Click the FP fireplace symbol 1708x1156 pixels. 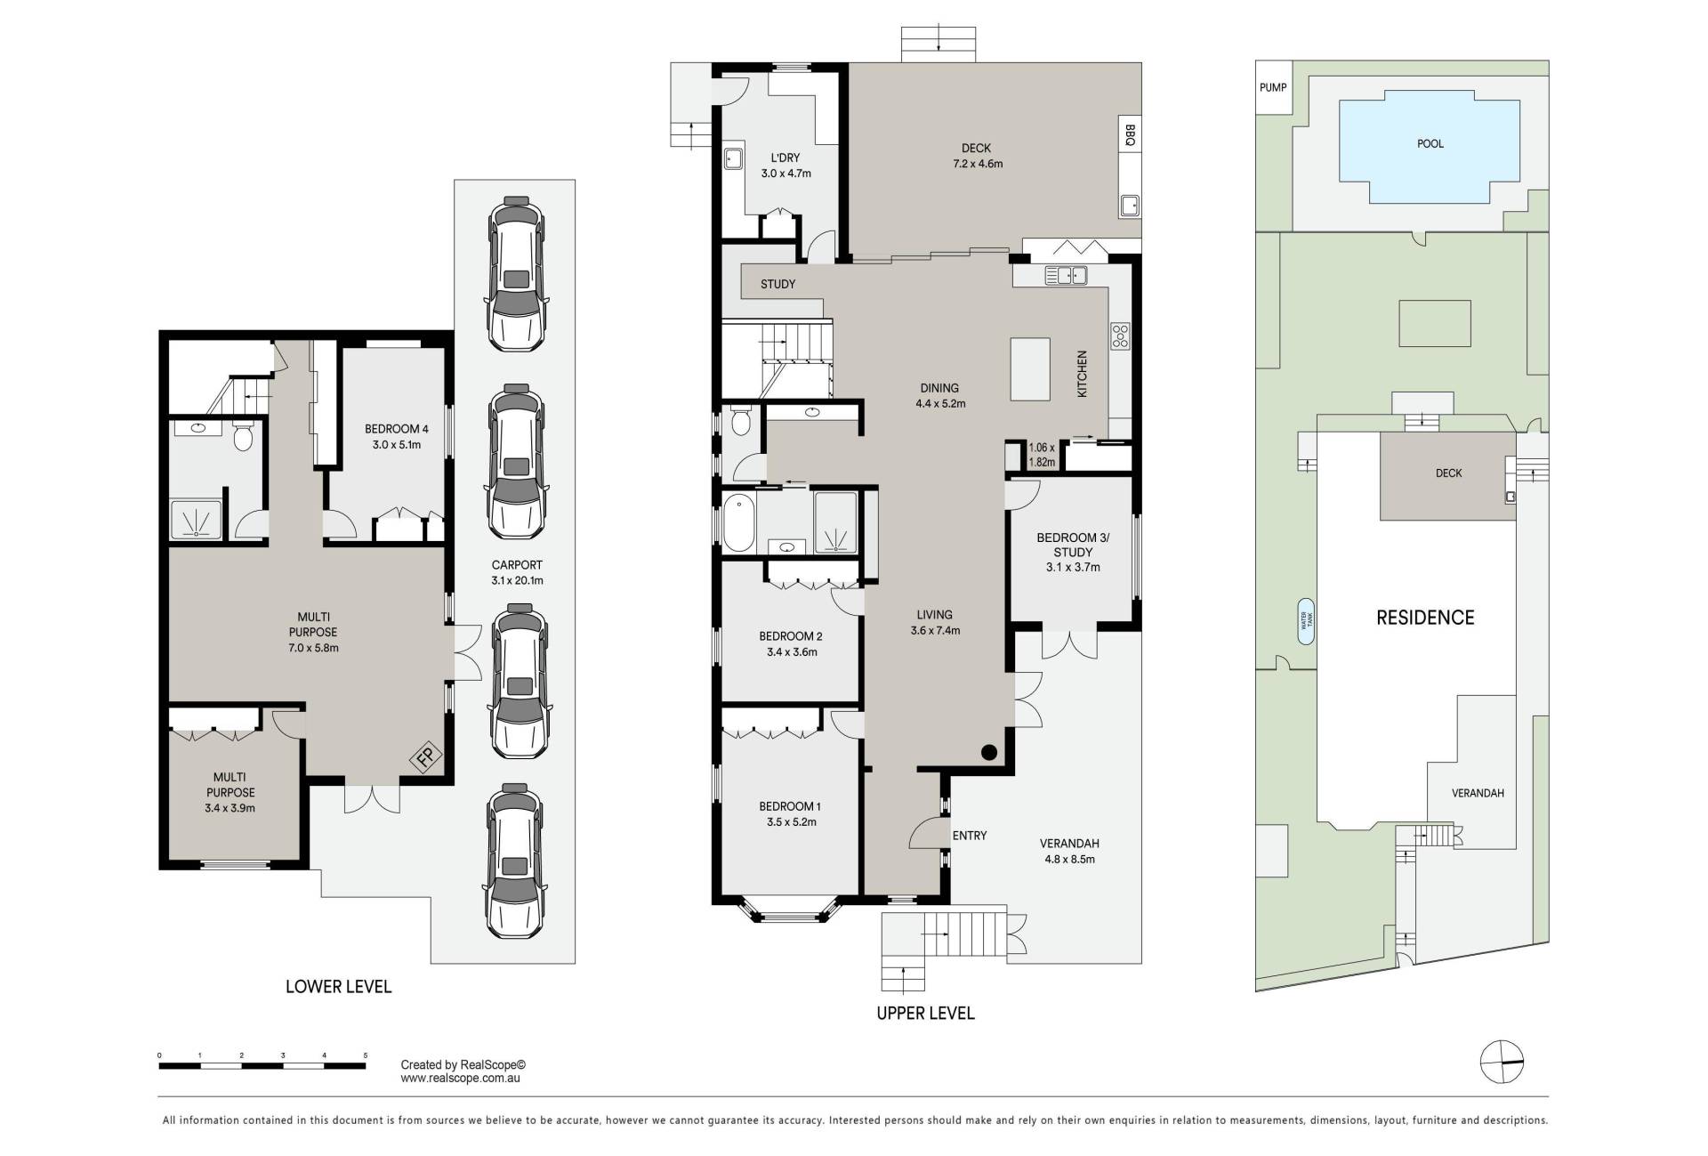[x=426, y=757]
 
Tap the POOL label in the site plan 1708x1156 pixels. [x=1430, y=143]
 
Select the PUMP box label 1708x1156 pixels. [x=1273, y=87]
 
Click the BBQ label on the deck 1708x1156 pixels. [x=1130, y=134]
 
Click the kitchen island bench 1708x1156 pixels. [x=1030, y=369]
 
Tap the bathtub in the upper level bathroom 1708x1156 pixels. [x=738, y=524]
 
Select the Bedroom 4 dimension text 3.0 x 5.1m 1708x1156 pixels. [x=391, y=445]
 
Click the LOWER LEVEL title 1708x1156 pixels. [x=338, y=986]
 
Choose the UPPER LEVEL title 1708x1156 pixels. [x=925, y=1013]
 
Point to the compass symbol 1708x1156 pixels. [x=1502, y=1062]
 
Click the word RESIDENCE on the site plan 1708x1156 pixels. [x=1425, y=618]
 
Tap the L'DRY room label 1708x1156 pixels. [x=786, y=158]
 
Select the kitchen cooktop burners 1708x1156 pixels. [x=1119, y=335]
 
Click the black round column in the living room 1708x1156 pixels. [x=989, y=752]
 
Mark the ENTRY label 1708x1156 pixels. [x=970, y=836]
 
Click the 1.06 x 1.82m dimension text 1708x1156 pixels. [x=1042, y=455]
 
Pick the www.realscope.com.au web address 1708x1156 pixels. [x=460, y=1079]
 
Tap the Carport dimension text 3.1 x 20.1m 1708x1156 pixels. [x=517, y=580]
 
